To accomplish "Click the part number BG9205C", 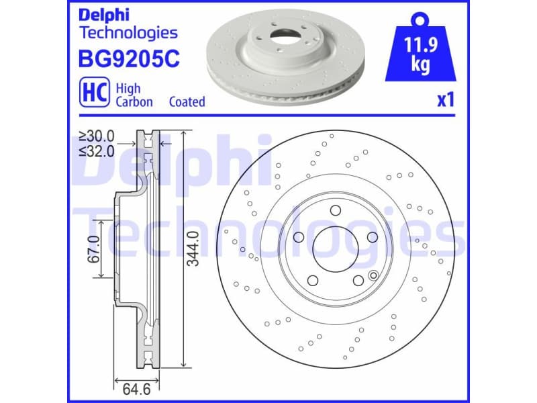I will (130, 60).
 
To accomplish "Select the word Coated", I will (187, 102).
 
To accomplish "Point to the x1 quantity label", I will (446, 100).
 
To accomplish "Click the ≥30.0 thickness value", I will (97, 136).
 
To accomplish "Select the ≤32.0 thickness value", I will (97, 150).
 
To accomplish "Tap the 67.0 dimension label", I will (93, 248).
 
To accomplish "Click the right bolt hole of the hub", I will (371, 237).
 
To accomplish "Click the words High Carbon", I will (134, 95).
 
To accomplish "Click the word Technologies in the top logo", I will (128, 32).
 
